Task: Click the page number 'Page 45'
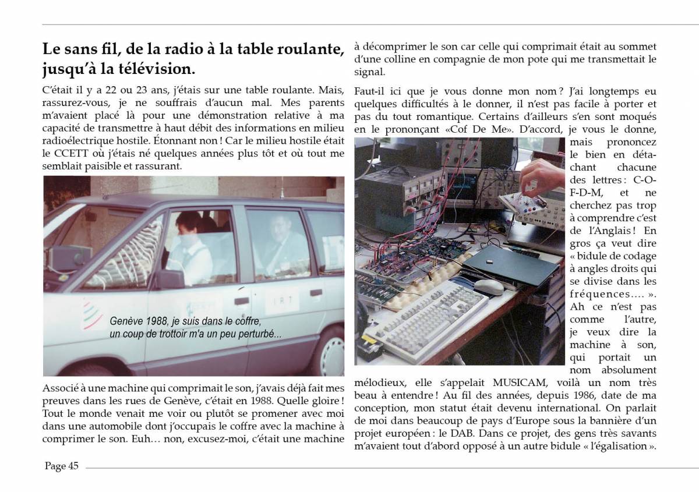pyautogui.click(x=61, y=466)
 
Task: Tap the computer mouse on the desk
pyautogui.click(x=488, y=286)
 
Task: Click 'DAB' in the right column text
pyautogui.click(x=456, y=434)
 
